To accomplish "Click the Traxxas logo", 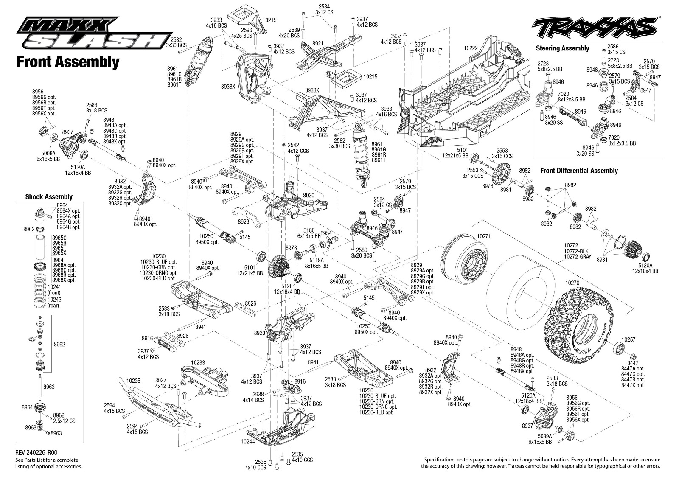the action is pos(595,27).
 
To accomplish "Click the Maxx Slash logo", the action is pos(95,33).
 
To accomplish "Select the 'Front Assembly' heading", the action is pos(68,62).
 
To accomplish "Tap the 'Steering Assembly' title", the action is pos(562,48).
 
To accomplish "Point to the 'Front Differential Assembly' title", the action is pos(579,171).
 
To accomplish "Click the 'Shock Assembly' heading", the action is pos(49,197).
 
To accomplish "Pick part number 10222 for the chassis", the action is pos(471,48).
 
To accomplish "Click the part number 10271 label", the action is pos(484,236).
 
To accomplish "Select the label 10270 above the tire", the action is pos(572,283).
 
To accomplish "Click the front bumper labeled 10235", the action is pos(159,405).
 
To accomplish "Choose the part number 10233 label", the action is pos(198,362).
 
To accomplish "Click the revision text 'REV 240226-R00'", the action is pos(36,453).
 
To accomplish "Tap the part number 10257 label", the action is pos(628,340).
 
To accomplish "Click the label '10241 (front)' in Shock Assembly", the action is pos(54,290).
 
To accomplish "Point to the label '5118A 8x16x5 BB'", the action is pos(317,263).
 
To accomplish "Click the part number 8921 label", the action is pos(318,43).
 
